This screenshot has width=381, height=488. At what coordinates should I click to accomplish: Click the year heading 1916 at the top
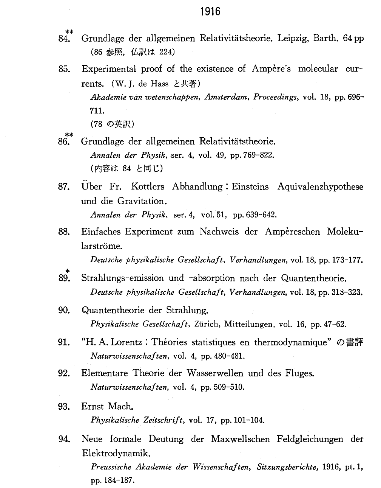click(210, 12)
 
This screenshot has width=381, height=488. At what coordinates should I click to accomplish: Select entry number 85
click(64, 69)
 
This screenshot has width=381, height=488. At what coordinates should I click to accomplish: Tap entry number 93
click(64, 407)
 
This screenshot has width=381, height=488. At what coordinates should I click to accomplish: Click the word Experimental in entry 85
click(109, 69)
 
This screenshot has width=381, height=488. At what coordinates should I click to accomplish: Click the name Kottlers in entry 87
click(148, 187)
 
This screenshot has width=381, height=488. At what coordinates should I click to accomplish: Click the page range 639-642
click(261, 215)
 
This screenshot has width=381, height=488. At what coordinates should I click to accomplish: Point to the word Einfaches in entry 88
click(101, 232)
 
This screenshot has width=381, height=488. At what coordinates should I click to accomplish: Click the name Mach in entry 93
click(120, 407)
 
